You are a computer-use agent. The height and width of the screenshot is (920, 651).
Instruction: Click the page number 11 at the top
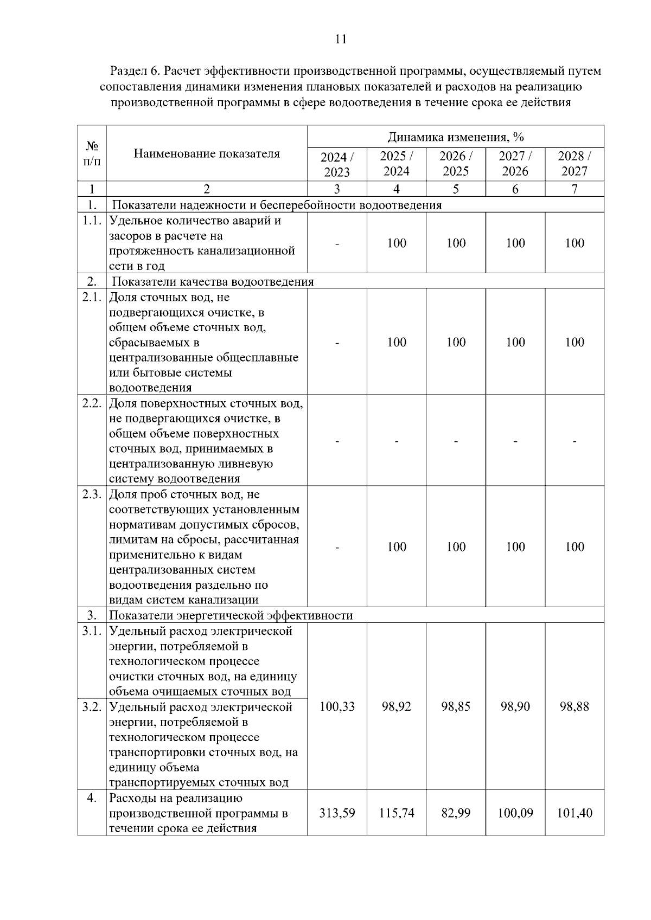coord(341,39)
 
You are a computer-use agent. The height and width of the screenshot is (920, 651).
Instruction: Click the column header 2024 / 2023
coord(337,164)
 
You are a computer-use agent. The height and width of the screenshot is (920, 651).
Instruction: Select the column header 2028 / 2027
coord(574,164)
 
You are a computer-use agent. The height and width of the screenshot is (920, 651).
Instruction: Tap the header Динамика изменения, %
coord(456,137)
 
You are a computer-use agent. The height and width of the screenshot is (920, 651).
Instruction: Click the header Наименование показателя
coord(207,153)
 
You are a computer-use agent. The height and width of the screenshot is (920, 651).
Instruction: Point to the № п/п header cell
coord(92,153)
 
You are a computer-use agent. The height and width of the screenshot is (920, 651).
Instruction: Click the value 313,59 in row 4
coord(337,813)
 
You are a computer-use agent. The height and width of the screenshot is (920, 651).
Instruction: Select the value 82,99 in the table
coord(456,813)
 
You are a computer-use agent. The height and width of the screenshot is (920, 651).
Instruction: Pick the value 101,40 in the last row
coord(574,813)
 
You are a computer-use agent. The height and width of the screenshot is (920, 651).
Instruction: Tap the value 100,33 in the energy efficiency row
coord(337,706)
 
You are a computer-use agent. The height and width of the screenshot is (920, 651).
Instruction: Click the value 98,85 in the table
coord(456,706)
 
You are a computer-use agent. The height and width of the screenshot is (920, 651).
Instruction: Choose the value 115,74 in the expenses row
coord(397,813)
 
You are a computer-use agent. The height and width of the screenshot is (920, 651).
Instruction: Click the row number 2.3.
coord(92,494)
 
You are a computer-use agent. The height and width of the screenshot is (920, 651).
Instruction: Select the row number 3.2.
coord(92,707)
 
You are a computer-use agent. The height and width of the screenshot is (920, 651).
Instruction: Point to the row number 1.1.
coord(92,221)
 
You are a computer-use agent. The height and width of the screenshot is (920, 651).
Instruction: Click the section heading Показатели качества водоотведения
coord(213,281)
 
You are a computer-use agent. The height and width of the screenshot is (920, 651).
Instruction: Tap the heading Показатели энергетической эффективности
coord(231,615)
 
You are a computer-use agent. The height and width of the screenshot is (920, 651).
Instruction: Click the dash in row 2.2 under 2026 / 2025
coord(456,441)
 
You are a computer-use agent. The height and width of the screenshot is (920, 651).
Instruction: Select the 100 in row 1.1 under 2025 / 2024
coord(397,243)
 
